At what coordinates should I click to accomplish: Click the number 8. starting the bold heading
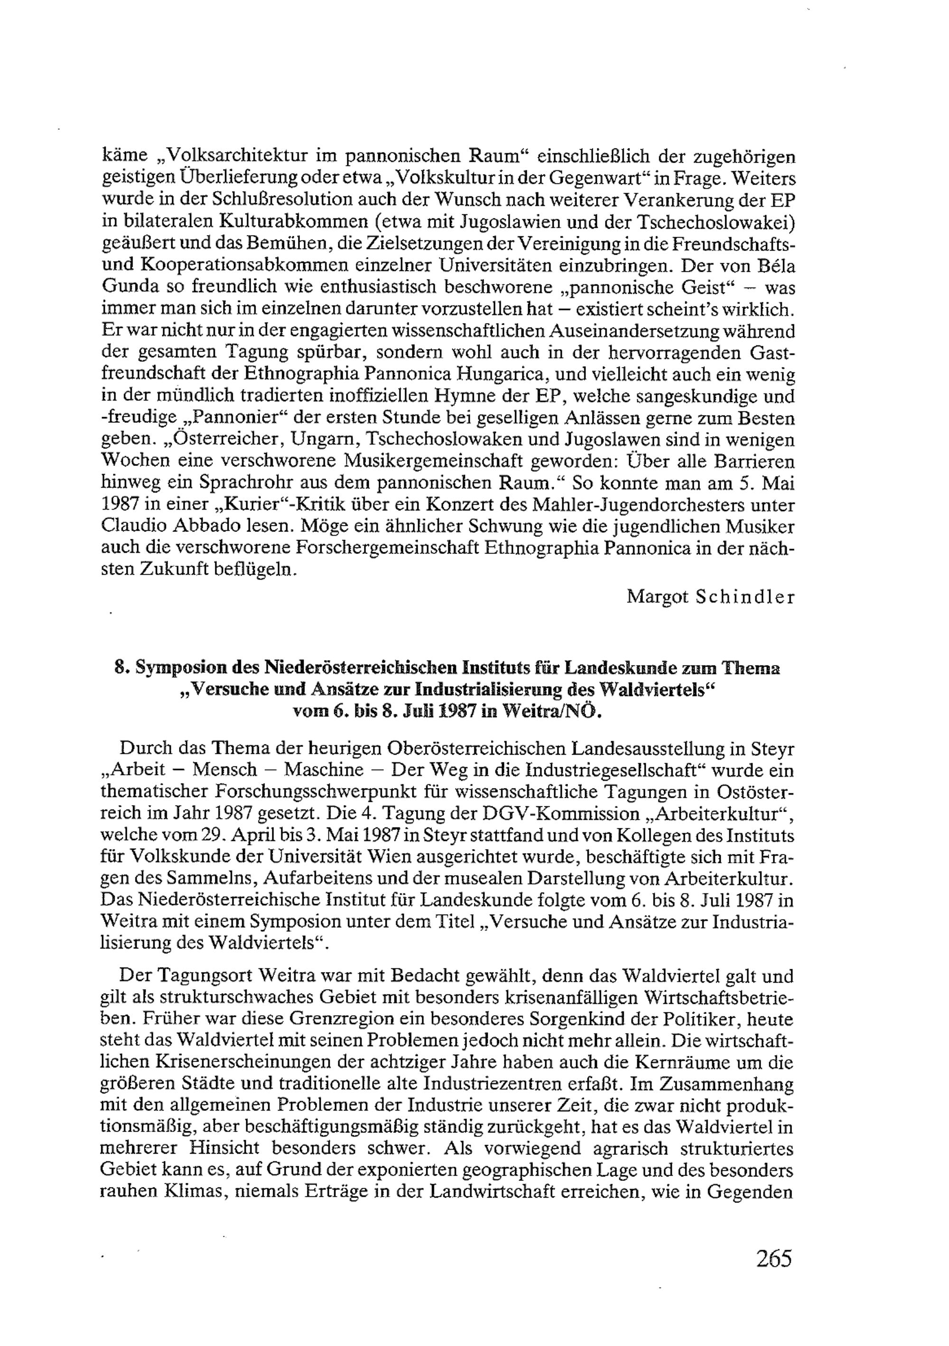point(121,668)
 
